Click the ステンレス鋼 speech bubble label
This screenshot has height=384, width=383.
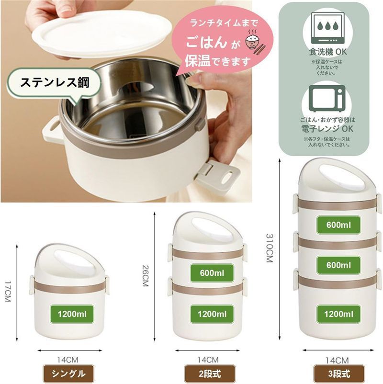[55, 82]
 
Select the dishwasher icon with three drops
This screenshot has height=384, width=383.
[327, 28]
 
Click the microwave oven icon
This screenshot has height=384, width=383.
[327, 99]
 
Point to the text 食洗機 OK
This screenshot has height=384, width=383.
[327, 52]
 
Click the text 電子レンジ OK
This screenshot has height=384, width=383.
[327, 128]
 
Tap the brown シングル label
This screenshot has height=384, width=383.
[68, 374]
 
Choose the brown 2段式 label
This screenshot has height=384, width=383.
[209, 374]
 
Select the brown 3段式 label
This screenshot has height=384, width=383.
[339, 374]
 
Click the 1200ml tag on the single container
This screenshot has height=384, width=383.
[72, 314]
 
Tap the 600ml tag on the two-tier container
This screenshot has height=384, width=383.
[212, 273]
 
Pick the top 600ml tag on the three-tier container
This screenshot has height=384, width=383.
[338, 225]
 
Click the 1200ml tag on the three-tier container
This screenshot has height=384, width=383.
[338, 314]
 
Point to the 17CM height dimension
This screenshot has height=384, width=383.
[8, 292]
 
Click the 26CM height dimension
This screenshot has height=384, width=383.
[146, 276]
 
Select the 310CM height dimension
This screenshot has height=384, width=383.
[270, 248]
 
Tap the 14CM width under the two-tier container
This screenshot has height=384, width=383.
[208, 360]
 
